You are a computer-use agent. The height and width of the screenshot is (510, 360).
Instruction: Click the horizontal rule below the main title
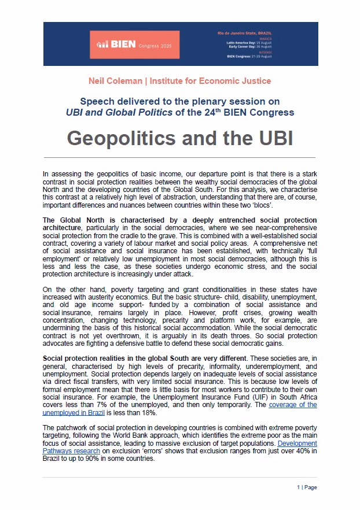click(x=179, y=157)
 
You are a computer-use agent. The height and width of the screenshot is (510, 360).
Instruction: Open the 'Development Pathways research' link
click(x=69, y=450)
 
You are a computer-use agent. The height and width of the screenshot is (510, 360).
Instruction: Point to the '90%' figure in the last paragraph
click(x=131, y=458)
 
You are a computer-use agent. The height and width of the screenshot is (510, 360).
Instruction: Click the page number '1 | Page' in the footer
click(x=308, y=487)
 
